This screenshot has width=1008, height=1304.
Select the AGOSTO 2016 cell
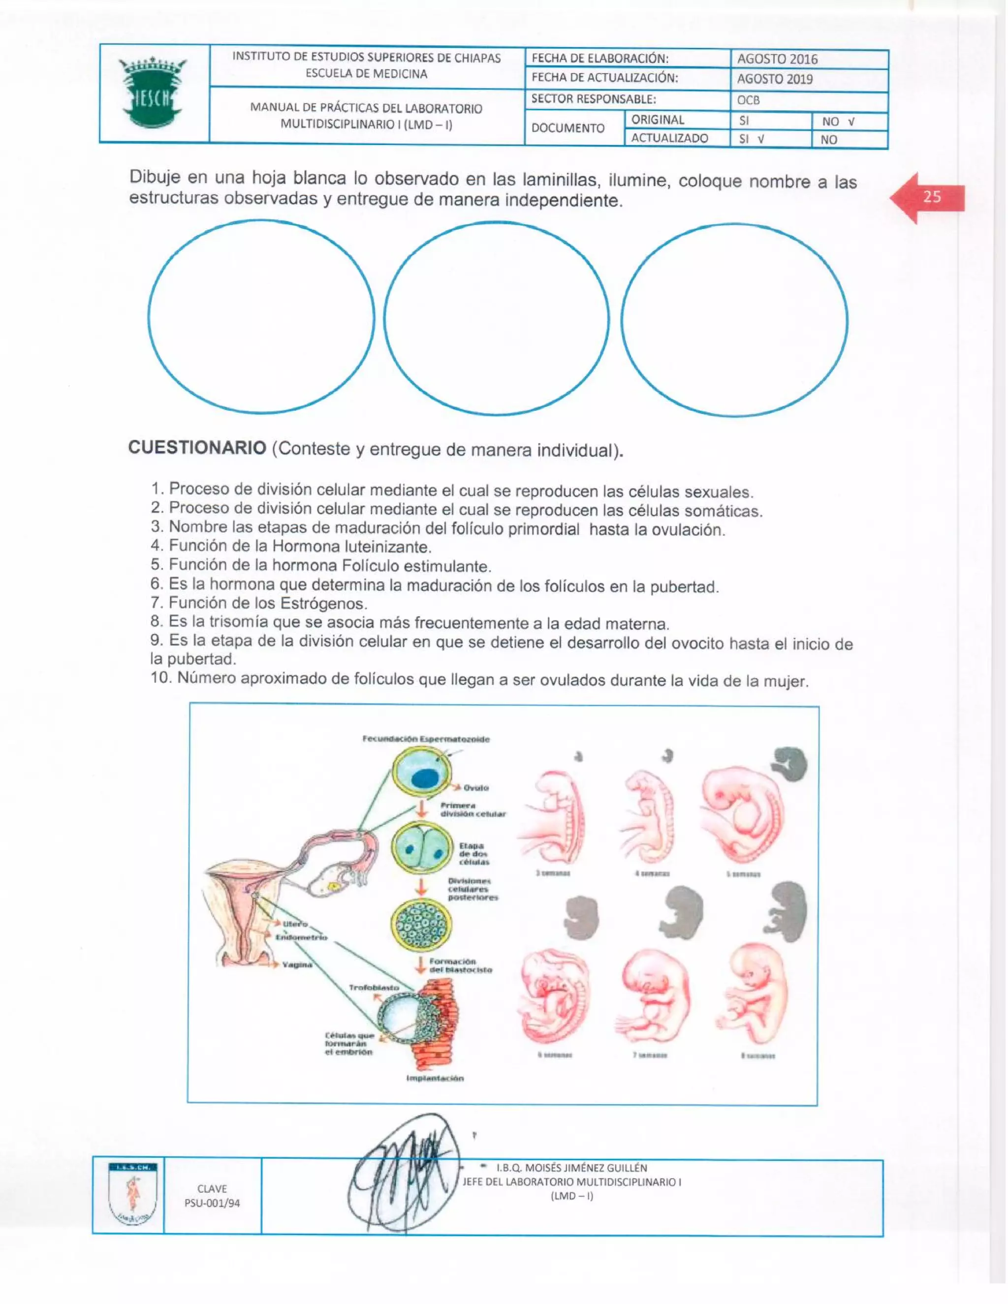(777, 59)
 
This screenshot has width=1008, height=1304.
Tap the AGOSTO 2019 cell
(775, 79)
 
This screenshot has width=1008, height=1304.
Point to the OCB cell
(748, 100)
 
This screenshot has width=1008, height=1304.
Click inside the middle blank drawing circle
(496, 318)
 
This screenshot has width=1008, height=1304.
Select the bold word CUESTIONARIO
(197, 448)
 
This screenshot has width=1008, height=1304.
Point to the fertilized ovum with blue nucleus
(420, 775)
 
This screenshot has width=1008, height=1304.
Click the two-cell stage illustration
(420, 849)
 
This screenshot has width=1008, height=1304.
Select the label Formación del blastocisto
(460, 965)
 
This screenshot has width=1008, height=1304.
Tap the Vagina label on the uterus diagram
(297, 965)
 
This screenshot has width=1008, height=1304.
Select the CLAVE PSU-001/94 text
(212, 1196)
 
